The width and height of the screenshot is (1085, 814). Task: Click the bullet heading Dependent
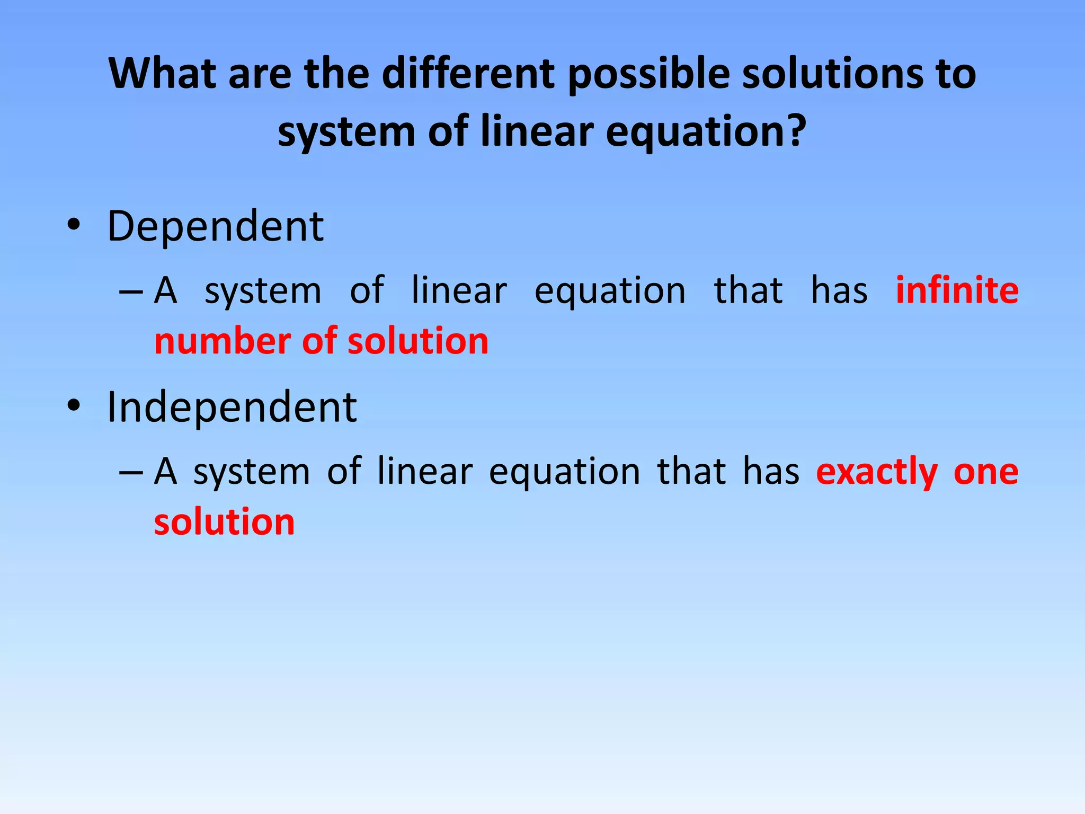click(x=215, y=227)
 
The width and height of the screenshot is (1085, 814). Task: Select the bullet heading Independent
click(x=232, y=407)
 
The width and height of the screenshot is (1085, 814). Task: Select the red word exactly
click(x=877, y=472)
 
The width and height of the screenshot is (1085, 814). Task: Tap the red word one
click(x=986, y=472)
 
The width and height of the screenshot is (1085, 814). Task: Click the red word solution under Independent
click(x=224, y=521)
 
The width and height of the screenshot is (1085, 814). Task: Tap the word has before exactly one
click(x=771, y=471)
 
